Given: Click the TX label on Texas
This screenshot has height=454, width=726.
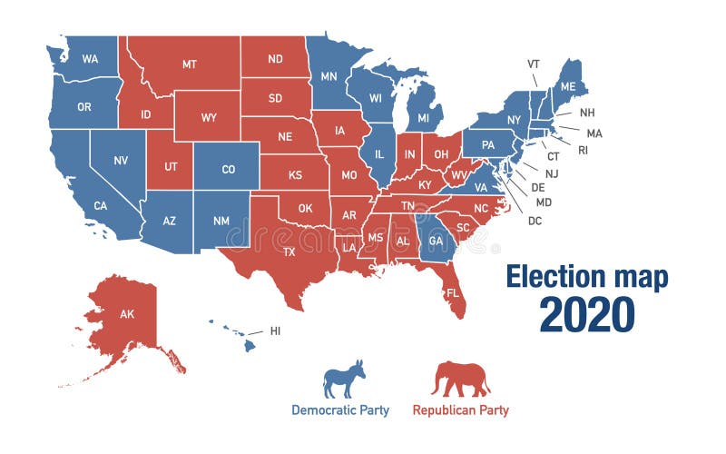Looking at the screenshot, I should tap(289, 252).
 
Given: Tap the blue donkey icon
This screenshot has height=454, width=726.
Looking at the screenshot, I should tap(344, 379).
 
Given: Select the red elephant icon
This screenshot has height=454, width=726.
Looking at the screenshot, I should tap(461, 379).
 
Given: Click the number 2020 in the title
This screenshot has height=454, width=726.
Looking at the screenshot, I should tap(586, 314).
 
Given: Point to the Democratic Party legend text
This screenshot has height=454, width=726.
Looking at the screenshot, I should tap(340, 410).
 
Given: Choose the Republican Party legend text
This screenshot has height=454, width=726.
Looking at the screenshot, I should tap(461, 410).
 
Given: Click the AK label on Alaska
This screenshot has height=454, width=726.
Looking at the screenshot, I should tap(127, 314).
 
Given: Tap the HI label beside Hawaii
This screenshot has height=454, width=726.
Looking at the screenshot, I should tap(275, 331).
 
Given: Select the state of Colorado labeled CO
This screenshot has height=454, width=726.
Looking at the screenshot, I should tap(227, 169).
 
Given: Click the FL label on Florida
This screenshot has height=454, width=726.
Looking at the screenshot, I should tap(451, 293).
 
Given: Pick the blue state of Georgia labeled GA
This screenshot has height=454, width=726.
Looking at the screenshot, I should tap(436, 242).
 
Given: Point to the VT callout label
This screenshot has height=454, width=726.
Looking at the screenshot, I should tap(534, 64).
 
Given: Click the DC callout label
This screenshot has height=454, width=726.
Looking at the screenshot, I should tap(535, 221).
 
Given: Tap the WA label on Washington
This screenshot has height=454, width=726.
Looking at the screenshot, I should tap(90, 59).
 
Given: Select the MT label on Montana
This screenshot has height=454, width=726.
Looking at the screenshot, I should tap(189, 64).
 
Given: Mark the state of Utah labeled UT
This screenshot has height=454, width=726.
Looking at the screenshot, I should tap(171, 167).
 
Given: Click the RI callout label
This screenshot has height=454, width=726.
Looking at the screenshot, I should tap(583, 150).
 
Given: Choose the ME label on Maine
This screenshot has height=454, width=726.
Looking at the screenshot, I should tap(567, 86).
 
